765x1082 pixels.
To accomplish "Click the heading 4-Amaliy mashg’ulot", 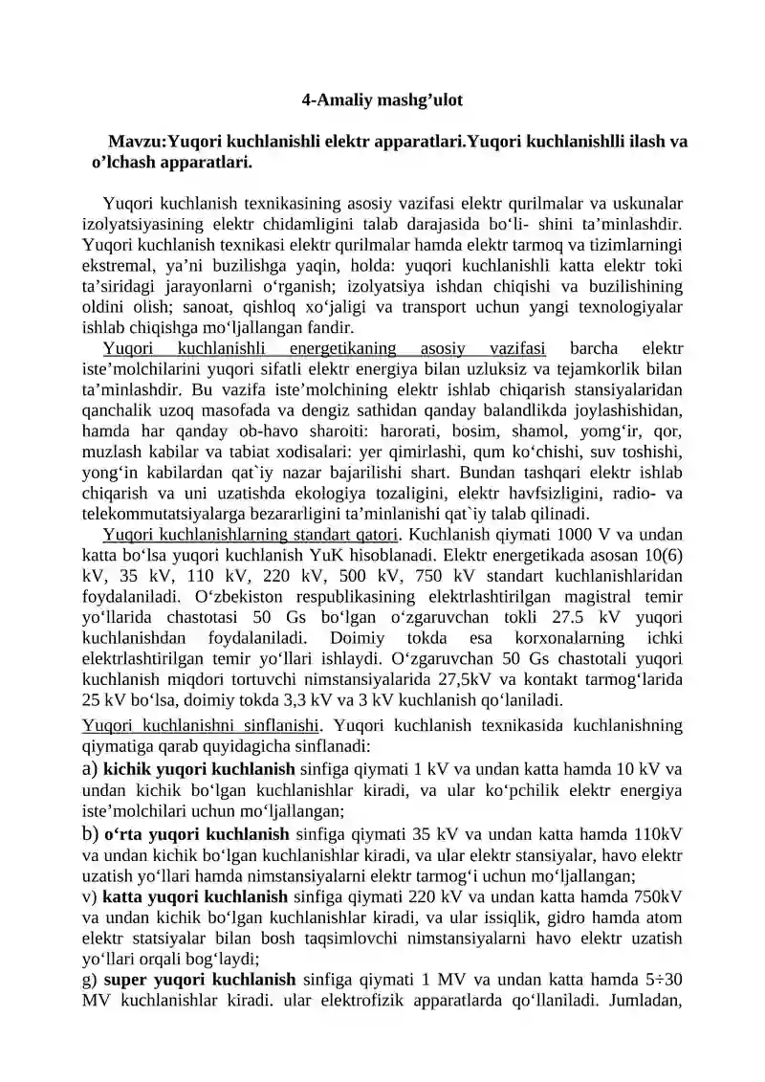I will point(382,99).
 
